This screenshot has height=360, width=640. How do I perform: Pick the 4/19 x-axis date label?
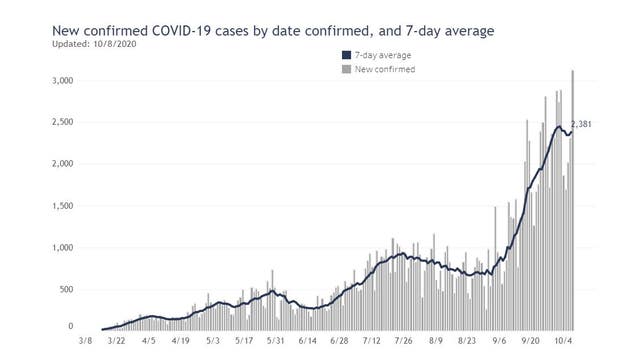(179, 341)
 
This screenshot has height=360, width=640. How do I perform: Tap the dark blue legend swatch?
(346, 55)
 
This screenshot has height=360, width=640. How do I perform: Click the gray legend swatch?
(346, 69)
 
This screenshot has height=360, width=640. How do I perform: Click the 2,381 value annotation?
(583, 125)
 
